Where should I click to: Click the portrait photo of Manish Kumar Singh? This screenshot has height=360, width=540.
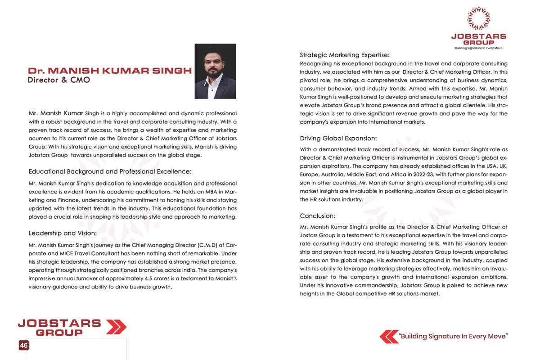(x=215, y=71)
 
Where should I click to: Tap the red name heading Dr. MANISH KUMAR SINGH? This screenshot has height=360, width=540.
(x=110, y=71)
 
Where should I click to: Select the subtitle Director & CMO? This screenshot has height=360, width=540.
(x=59, y=80)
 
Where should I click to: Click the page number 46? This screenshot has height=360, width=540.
(x=23, y=345)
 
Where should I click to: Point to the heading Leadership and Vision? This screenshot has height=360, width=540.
(x=63, y=233)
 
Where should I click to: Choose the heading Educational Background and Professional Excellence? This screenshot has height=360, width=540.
(x=110, y=171)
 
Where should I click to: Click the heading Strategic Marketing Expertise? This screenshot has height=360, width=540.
(x=345, y=55)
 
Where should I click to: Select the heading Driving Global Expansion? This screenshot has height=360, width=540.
(x=338, y=138)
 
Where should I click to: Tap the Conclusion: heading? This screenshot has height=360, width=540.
(x=318, y=216)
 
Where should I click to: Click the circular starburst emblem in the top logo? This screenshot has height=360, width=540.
(x=478, y=18)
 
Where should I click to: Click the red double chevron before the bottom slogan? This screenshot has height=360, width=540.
(x=389, y=336)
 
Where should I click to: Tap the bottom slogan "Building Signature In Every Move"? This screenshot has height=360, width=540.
(x=453, y=336)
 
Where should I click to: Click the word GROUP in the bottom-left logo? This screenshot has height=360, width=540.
(x=59, y=333)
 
